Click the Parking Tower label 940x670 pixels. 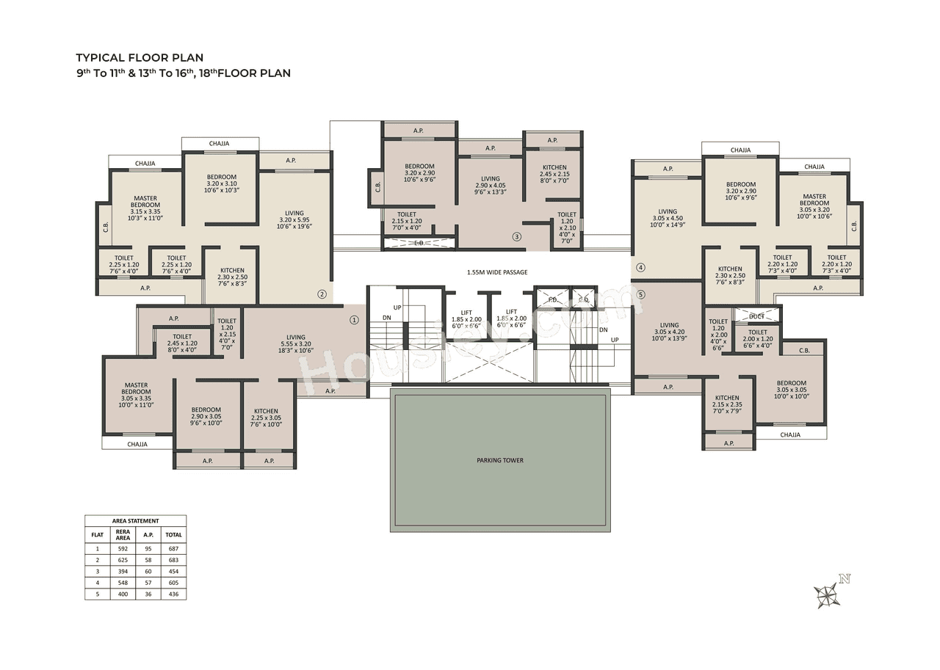(500, 460)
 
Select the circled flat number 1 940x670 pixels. (354, 319)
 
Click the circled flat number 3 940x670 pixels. (517, 237)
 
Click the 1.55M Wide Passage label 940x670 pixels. (497, 272)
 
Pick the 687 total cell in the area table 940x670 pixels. (173, 548)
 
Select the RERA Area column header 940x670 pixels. (123, 535)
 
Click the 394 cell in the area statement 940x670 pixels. (123, 571)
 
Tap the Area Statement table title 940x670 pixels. (135, 520)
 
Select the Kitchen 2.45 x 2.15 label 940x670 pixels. (554, 174)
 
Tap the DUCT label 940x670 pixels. (756, 316)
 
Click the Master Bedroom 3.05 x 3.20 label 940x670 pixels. (814, 205)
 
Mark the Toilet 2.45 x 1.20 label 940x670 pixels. (182, 343)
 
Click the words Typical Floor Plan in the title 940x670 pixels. (140, 57)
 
